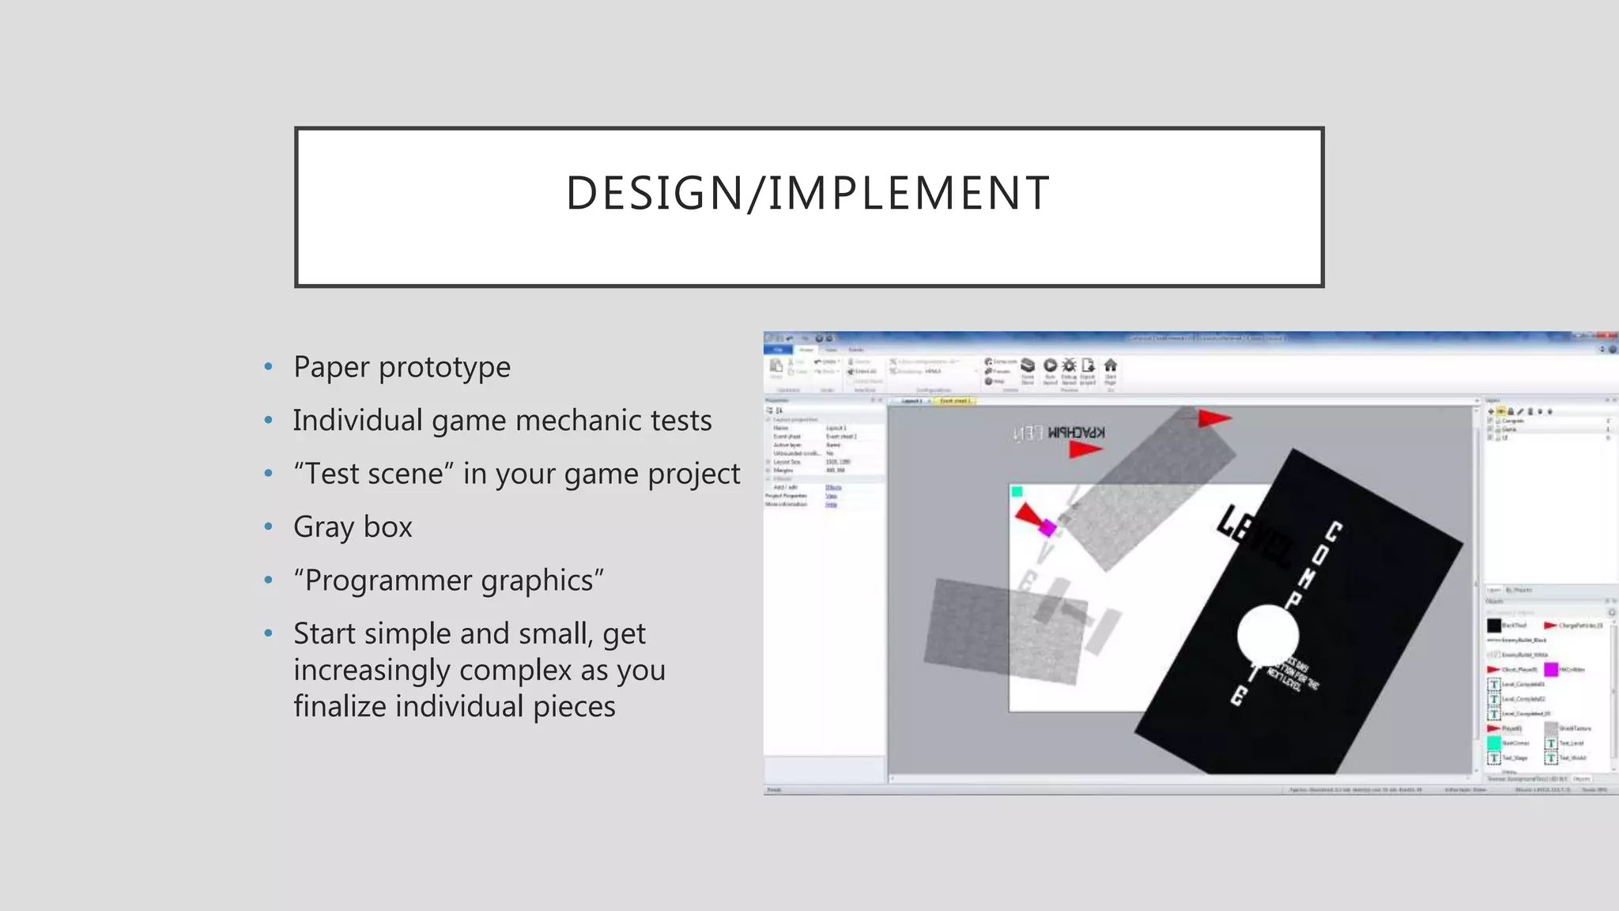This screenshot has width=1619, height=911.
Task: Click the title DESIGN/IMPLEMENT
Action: click(808, 194)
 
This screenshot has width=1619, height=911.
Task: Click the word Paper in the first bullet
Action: click(331, 368)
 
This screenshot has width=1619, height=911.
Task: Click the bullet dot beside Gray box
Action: click(269, 527)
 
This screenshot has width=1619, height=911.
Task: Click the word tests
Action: click(681, 421)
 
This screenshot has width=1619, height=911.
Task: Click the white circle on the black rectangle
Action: click(1267, 635)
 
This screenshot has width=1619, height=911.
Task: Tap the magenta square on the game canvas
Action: click(1048, 527)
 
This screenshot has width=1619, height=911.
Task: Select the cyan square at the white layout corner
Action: click(1017, 492)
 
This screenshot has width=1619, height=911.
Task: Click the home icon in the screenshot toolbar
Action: click(1111, 365)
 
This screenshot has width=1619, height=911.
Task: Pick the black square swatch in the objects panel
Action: click(1493, 626)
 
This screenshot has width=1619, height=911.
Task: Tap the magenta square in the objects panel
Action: click(1551, 670)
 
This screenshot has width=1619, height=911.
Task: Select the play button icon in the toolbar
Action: click(1050, 365)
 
